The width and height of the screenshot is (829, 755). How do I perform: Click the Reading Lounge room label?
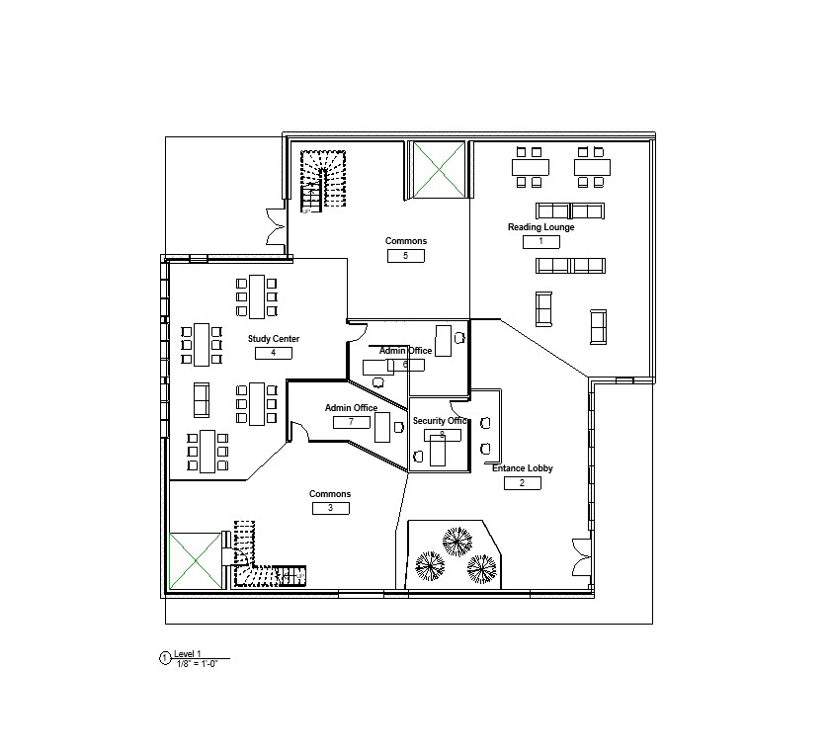tap(540, 227)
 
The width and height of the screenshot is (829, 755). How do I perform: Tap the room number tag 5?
tap(406, 256)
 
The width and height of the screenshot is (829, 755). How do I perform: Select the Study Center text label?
tap(274, 339)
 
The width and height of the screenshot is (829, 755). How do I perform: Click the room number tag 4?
tap(273, 353)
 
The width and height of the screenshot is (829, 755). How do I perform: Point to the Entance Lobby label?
tap(522, 468)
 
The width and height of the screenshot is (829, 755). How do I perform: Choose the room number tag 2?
tap(522, 483)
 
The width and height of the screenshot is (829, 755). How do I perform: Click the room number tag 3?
tap(330, 508)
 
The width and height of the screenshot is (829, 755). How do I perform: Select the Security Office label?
tap(440, 421)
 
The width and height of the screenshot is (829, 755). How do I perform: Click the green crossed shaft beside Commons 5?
tap(438, 169)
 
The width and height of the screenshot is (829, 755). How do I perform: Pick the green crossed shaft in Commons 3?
tap(197, 559)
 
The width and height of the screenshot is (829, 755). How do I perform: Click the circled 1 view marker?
tap(165, 657)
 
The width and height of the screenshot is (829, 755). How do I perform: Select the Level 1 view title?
tap(188, 653)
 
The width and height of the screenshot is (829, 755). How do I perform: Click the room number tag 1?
tap(540, 241)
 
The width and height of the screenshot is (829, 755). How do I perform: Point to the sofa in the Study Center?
tap(202, 399)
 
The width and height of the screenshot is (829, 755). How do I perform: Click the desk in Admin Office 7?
tap(382, 427)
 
